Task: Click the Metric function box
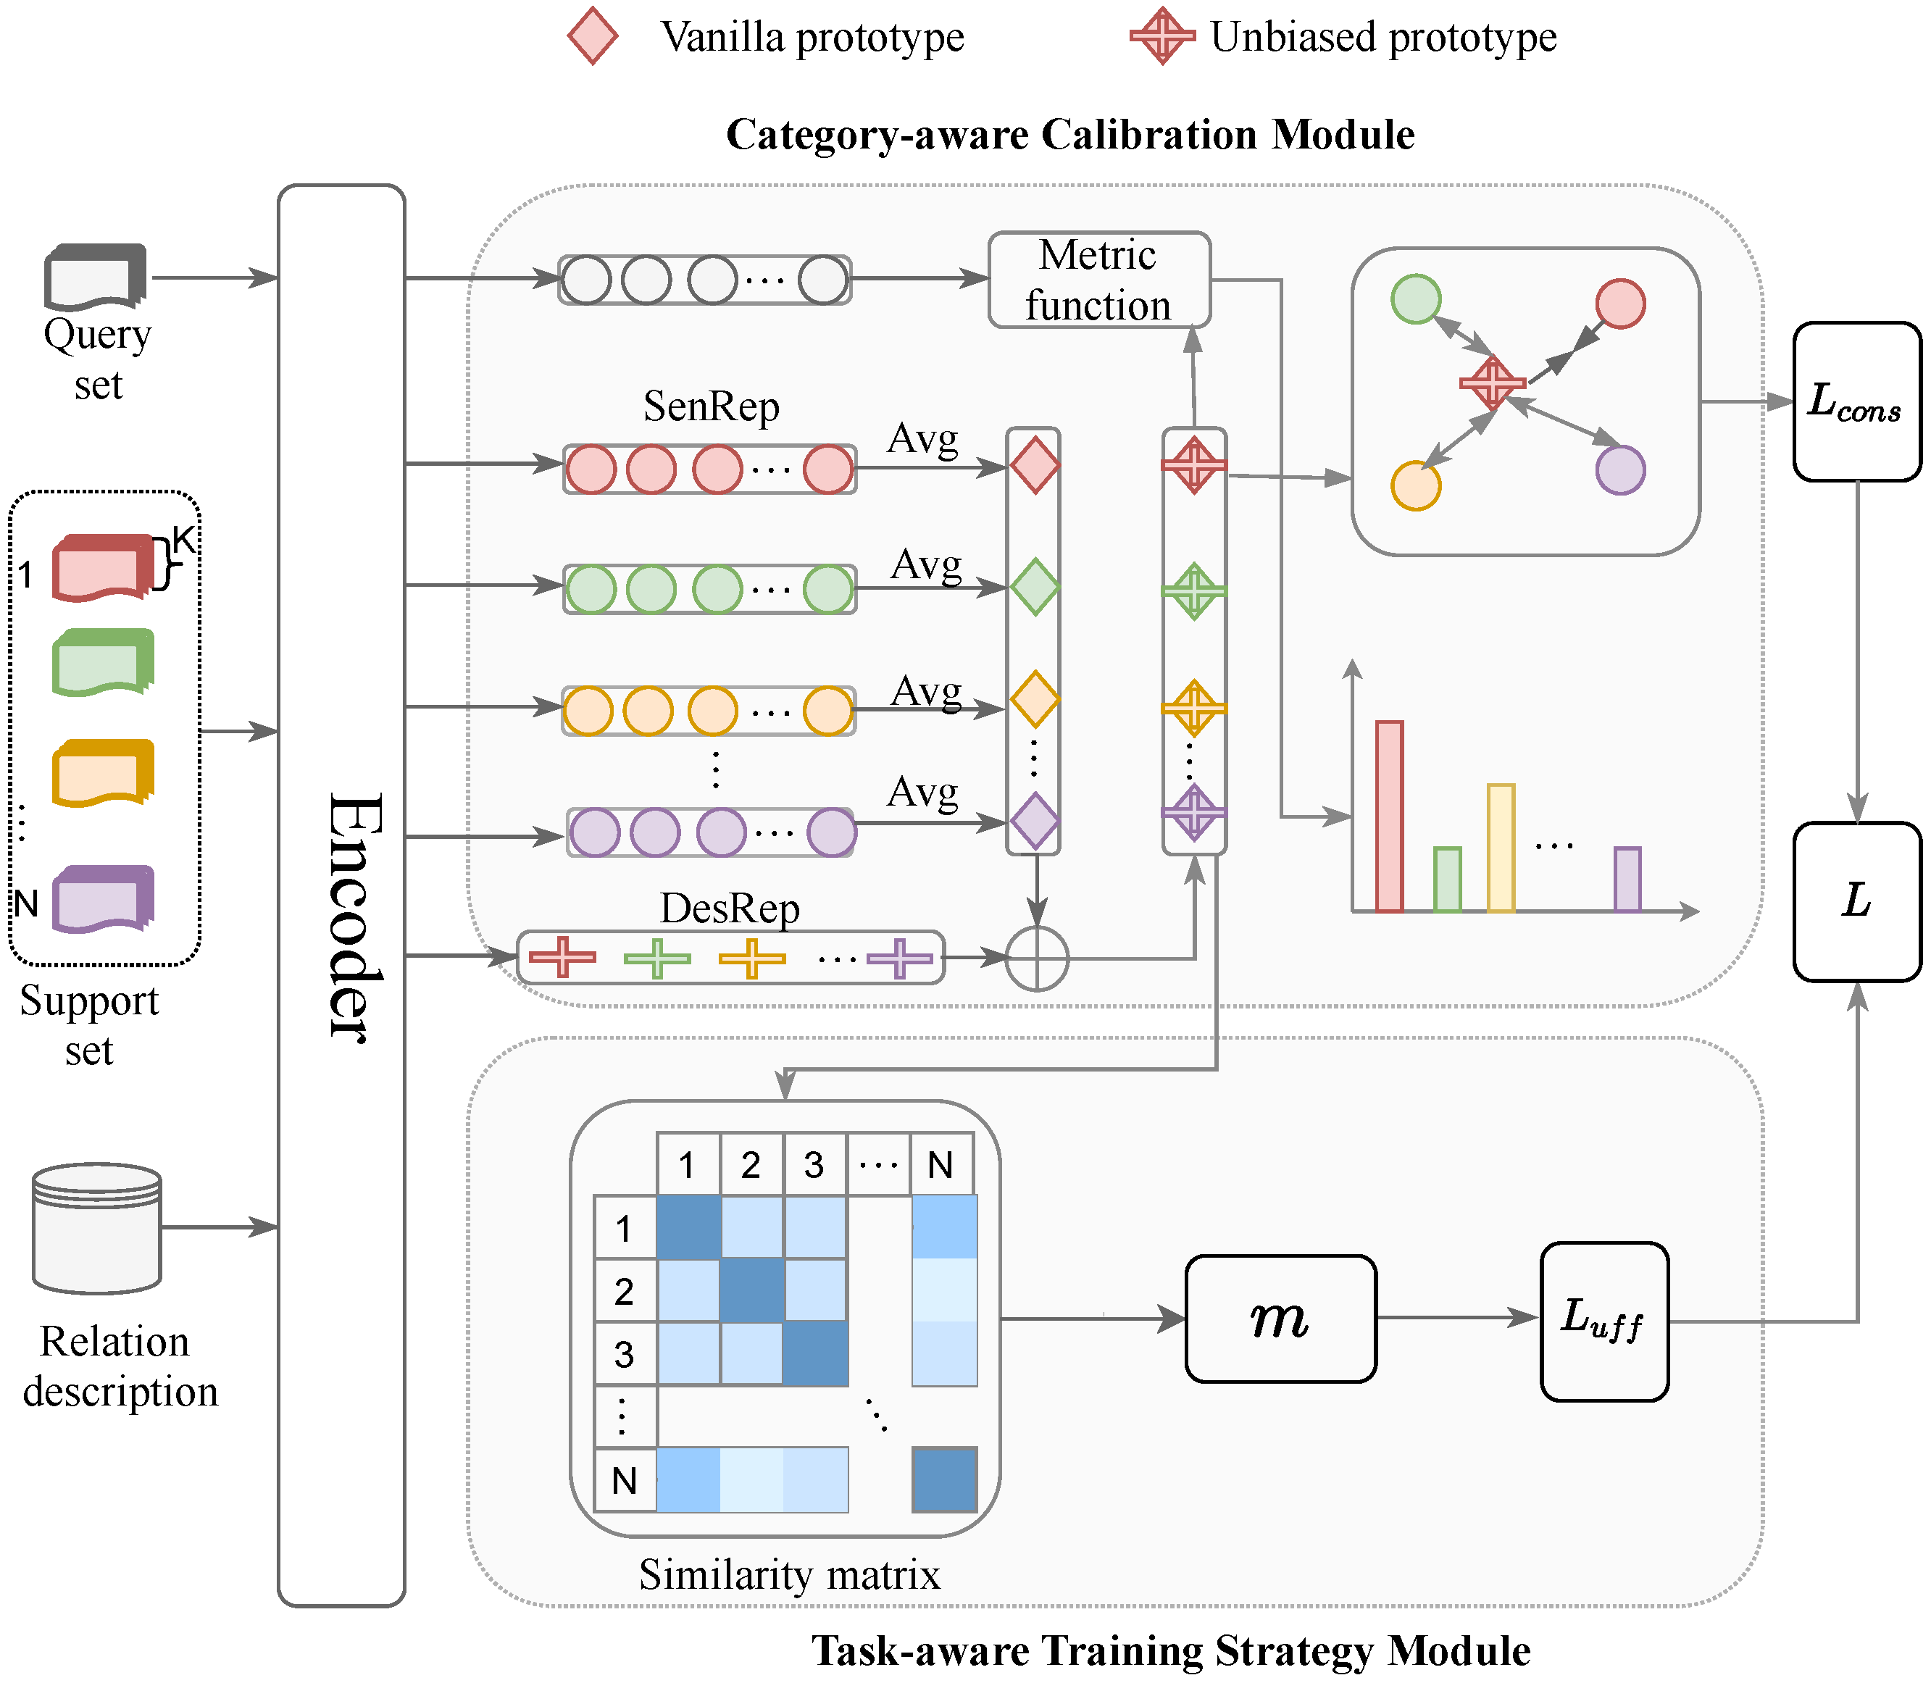pos(1099,280)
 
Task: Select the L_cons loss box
pos(1856,402)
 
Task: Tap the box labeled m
pos(1280,1319)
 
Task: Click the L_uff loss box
pos(1603,1321)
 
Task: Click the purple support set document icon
pos(101,899)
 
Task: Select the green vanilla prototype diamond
pos(1034,587)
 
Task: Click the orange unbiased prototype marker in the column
pos(1193,707)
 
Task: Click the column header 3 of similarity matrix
pos(814,1164)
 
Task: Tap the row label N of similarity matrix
pos(625,1481)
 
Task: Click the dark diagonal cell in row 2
pos(751,1290)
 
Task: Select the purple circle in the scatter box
pos(1620,469)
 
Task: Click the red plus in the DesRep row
pos(562,957)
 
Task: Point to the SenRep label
pos(711,406)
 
